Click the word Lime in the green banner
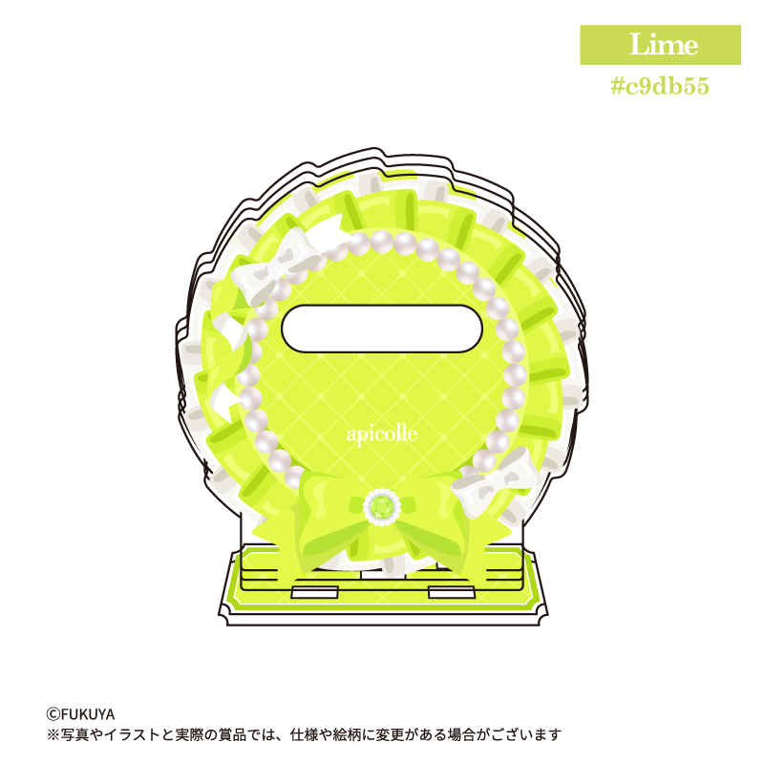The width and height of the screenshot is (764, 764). [664, 44]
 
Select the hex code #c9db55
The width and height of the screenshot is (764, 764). [660, 86]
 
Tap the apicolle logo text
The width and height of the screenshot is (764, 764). [382, 435]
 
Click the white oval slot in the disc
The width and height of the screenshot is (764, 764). [382, 329]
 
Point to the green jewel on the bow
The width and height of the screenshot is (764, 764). [382, 507]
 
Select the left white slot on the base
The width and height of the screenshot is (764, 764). [314, 592]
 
